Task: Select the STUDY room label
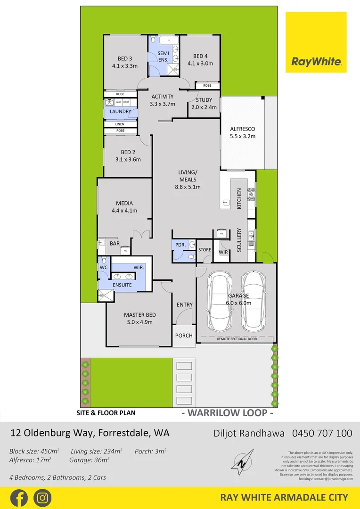tap(204, 100)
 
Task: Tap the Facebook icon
tap(19, 498)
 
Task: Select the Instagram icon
tap(42, 498)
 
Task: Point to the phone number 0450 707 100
tap(322, 433)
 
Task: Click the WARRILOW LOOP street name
tap(228, 413)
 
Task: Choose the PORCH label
tap(184, 336)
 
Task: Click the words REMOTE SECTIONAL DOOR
tap(237, 339)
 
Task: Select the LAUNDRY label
tap(120, 112)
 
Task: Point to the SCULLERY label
tap(239, 240)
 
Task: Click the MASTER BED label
tap(140, 315)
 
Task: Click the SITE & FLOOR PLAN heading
tap(106, 413)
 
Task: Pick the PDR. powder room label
tap(180, 245)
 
